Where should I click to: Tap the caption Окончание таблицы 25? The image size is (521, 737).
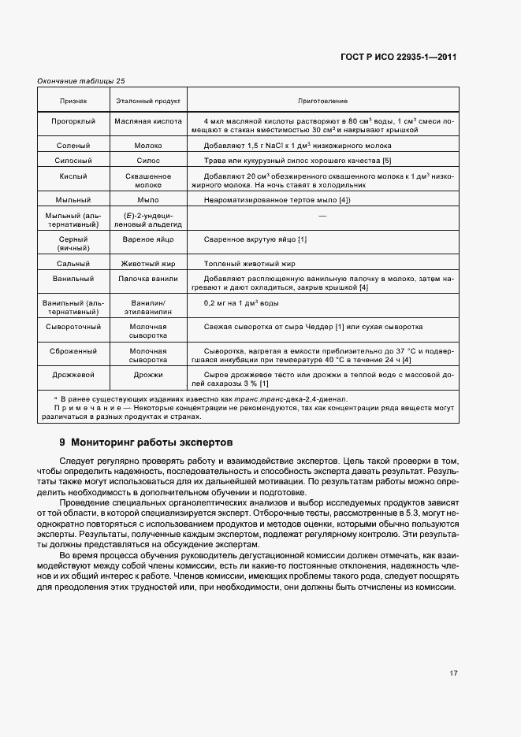coord(81,80)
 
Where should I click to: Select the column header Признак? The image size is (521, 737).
coord(74,102)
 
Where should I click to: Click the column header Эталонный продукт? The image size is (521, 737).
coord(148,102)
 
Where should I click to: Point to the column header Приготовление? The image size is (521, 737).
coord(322,102)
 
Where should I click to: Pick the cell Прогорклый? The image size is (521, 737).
coord(74,120)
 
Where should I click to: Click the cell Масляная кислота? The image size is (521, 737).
coord(148,120)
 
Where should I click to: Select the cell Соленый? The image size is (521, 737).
coord(74,146)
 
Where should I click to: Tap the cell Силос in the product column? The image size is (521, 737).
coord(148,161)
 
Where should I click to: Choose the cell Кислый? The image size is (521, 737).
coord(74,176)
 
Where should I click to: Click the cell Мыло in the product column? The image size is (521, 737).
coord(148,200)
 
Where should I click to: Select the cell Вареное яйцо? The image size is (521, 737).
coord(148,239)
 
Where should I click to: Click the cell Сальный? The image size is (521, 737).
coord(74,264)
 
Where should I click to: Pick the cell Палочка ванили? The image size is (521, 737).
coord(148,279)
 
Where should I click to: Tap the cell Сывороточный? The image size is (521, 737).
coord(74,326)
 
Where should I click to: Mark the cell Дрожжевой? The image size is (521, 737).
coord(74,375)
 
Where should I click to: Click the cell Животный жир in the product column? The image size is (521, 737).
coord(148,264)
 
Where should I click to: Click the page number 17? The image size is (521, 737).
coord(454,673)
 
